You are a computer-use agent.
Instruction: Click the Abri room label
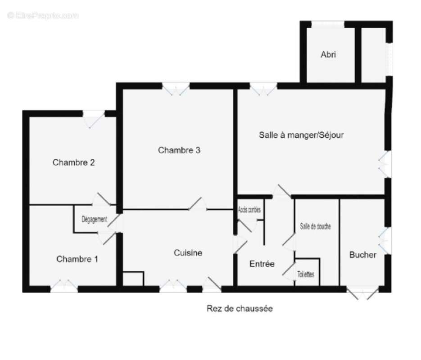click(328, 54)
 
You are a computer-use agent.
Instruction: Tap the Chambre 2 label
click(73, 162)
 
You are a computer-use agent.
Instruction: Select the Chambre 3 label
click(179, 150)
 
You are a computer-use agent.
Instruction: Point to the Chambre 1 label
click(77, 259)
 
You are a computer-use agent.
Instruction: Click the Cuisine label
click(188, 253)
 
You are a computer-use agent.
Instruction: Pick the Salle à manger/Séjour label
click(301, 135)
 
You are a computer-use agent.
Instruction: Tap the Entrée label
click(262, 264)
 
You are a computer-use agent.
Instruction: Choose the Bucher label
click(363, 255)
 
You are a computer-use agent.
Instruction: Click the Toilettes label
click(306, 274)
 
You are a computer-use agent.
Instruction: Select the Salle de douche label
click(315, 226)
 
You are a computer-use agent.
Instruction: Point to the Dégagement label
click(94, 220)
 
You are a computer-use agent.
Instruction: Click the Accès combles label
click(249, 210)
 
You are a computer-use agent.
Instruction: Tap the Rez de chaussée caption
click(240, 309)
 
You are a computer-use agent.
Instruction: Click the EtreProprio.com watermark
click(43, 16)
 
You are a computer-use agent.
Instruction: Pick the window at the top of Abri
click(328, 24)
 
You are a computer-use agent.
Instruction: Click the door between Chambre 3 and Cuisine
click(198, 205)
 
